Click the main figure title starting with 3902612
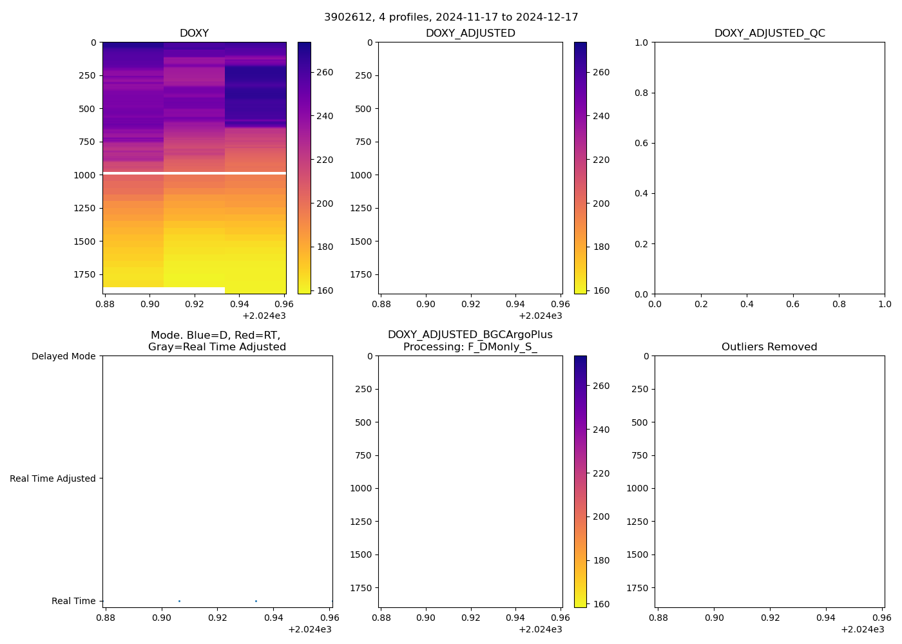(x=451, y=17)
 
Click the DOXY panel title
(x=194, y=33)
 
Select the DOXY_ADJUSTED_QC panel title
(x=769, y=33)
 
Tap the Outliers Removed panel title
(x=769, y=347)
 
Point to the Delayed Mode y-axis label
(x=63, y=356)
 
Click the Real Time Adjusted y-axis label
(x=53, y=478)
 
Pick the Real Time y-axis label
(x=73, y=601)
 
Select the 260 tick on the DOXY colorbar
(x=325, y=72)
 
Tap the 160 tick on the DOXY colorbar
(x=325, y=290)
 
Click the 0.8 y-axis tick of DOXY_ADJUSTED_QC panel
(x=639, y=93)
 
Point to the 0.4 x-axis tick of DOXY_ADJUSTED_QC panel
(x=747, y=304)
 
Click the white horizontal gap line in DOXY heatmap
(x=194, y=173)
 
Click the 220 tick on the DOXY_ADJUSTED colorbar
(x=600, y=160)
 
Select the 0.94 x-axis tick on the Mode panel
(x=274, y=618)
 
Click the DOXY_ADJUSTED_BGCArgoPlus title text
(x=470, y=335)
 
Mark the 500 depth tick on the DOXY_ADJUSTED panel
(x=363, y=109)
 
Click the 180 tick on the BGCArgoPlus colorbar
(x=600, y=560)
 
